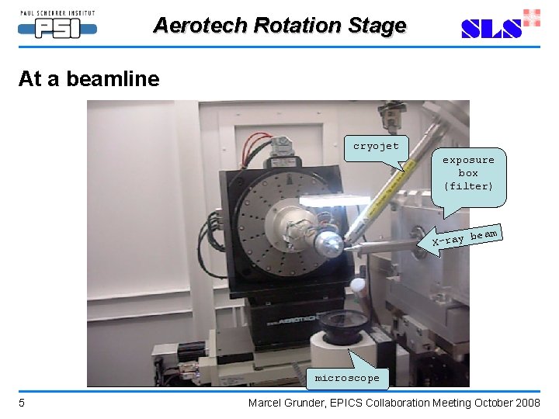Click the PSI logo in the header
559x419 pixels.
point(57,25)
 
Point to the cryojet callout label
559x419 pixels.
point(376,147)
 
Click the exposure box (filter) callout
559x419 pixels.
point(468,173)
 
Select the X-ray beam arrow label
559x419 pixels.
point(464,237)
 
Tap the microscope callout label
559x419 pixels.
point(347,379)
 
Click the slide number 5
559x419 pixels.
point(22,403)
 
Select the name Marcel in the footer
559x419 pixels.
point(266,403)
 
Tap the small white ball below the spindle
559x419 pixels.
point(358,285)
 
